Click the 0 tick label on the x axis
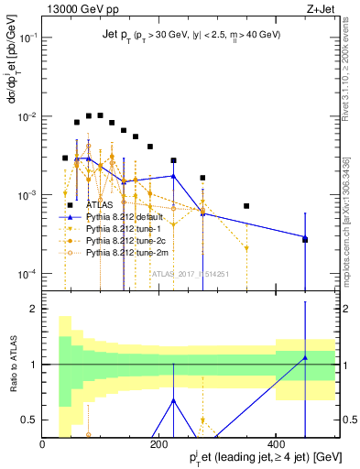tap(43, 444)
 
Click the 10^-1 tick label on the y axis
tap(28, 38)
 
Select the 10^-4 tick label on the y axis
tap(28, 274)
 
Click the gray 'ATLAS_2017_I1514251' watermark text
tap(191, 274)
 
